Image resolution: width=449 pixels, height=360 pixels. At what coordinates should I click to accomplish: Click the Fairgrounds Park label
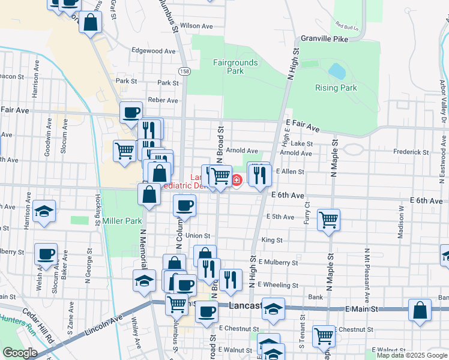(x=235, y=67)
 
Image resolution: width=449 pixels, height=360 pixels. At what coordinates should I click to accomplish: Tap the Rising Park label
(x=336, y=88)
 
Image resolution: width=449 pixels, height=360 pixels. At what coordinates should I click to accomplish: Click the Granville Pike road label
(x=325, y=38)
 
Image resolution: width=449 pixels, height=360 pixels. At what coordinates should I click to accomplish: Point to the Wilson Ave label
(x=196, y=26)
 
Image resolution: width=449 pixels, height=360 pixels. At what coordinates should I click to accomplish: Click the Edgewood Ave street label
(x=155, y=51)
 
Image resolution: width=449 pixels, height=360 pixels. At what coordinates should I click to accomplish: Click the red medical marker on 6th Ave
(x=237, y=179)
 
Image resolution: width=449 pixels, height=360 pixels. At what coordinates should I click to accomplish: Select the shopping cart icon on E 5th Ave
(x=328, y=220)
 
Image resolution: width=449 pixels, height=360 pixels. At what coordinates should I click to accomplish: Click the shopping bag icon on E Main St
(x=420, y=310)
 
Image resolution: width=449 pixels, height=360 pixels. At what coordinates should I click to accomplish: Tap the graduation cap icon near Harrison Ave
(x=44, y=211)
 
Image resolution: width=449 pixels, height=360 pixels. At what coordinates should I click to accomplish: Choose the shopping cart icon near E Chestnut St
(x=324, y=335)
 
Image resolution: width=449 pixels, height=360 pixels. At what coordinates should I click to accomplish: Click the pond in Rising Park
(x=337, y=71)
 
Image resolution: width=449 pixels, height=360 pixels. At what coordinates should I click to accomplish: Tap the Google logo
(x=20, y=352)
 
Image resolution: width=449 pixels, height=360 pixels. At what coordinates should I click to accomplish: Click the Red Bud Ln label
(x=346, y=27)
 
